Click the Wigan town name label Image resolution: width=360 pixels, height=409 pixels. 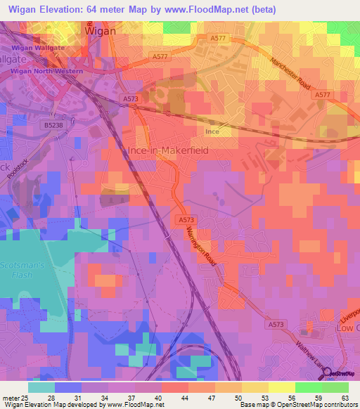(x=101, y=31)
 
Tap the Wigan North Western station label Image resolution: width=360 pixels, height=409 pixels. (x=47, y=71)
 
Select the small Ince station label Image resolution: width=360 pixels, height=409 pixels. (x=212, y=131)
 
